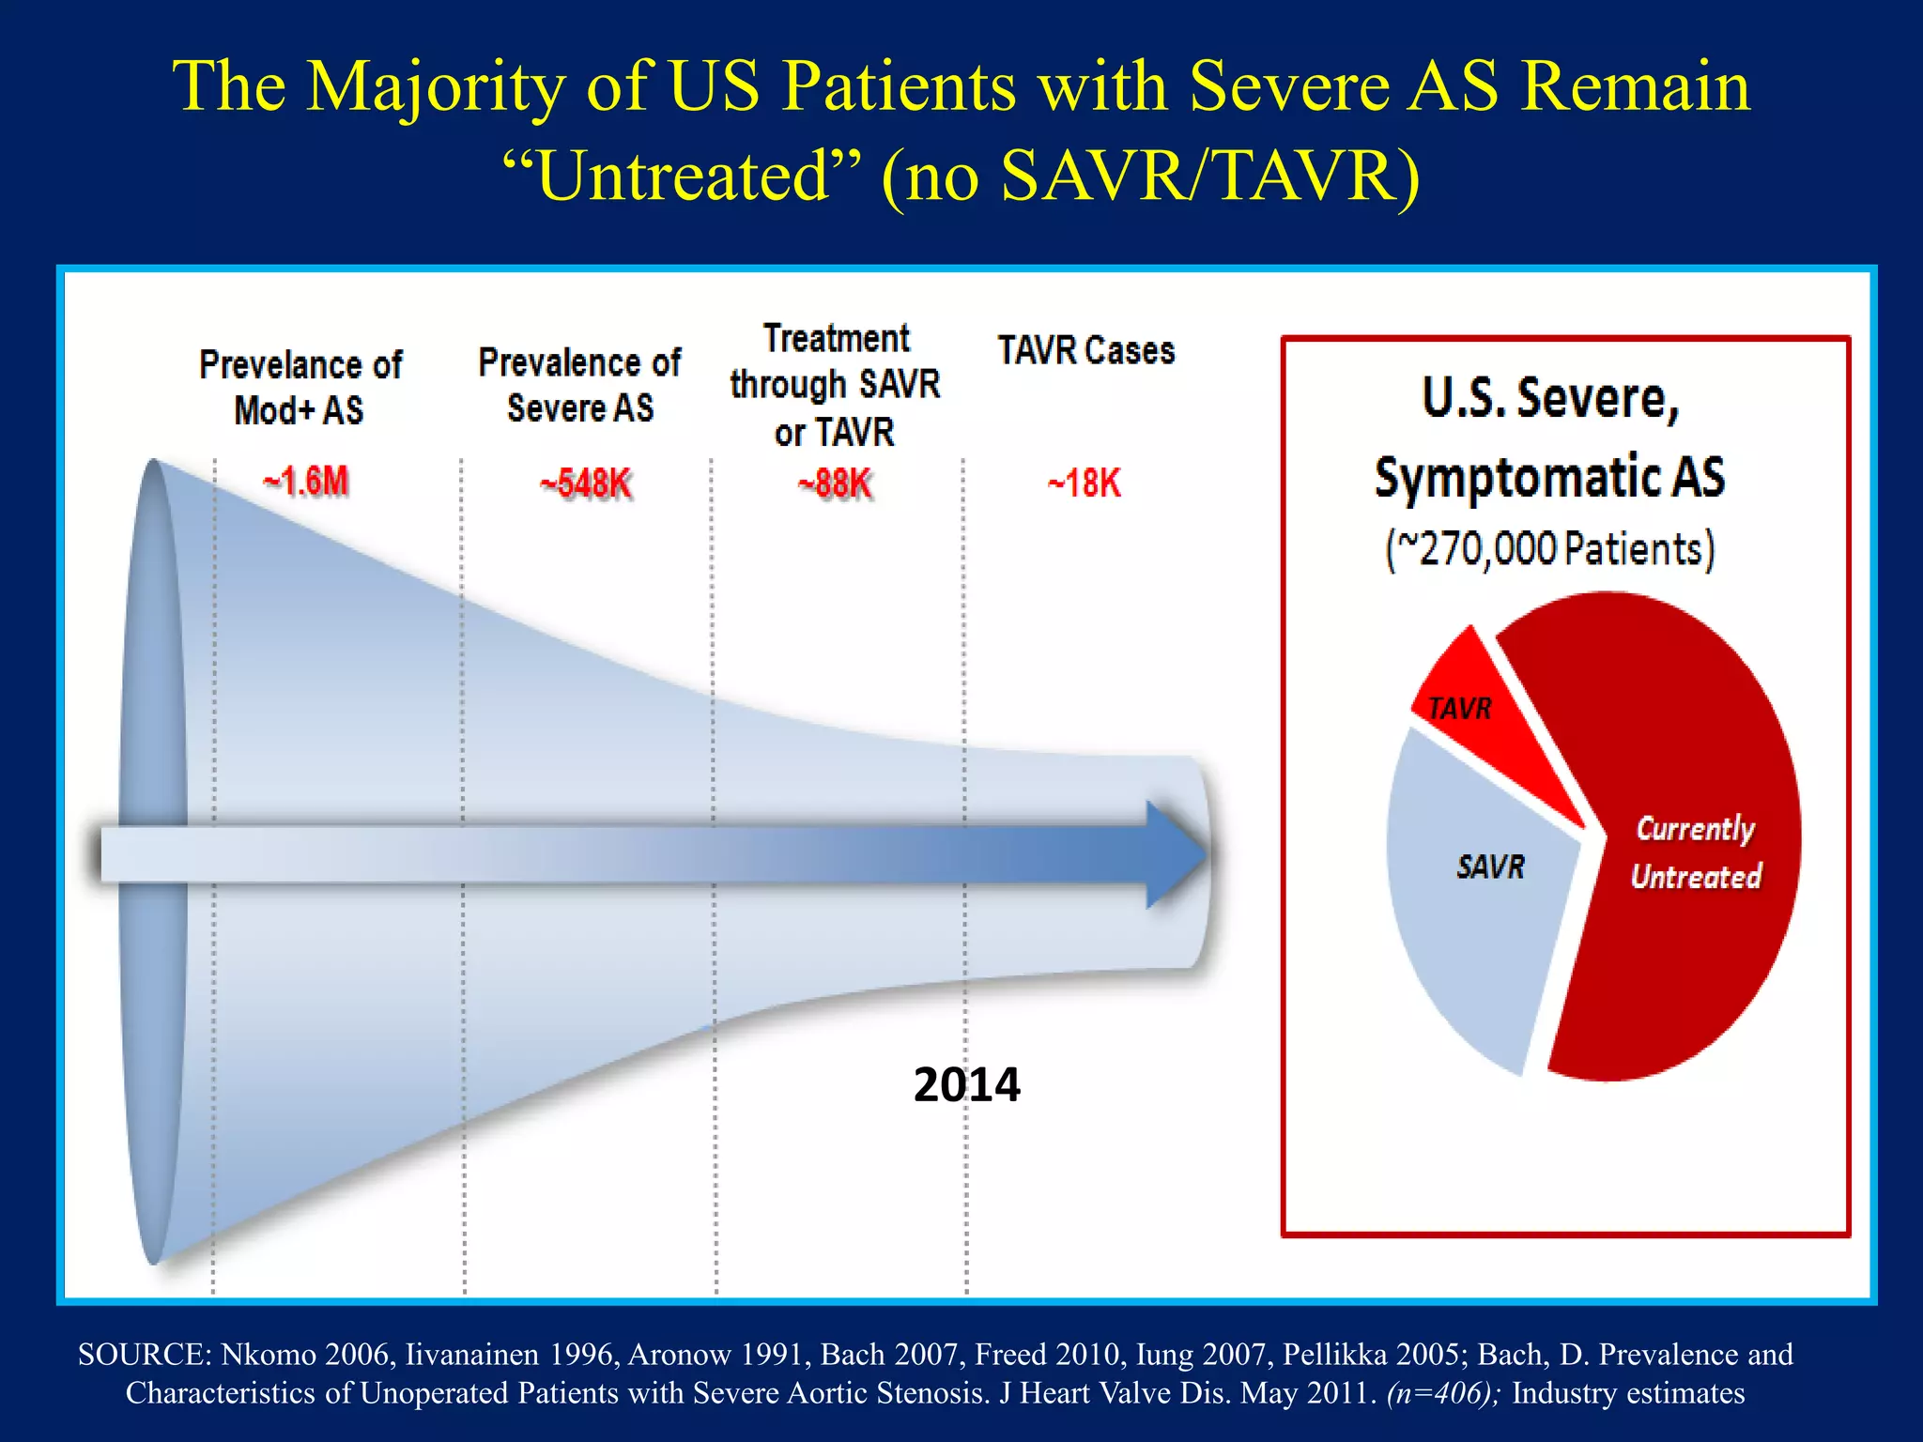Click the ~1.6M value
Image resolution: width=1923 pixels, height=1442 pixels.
point(306,482)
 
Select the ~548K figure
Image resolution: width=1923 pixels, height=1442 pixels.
point(586,484)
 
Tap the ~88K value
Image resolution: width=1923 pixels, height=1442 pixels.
point(836,484)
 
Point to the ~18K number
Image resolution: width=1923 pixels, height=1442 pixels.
point(1085,483)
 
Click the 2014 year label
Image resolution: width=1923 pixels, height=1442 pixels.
point(966,1085)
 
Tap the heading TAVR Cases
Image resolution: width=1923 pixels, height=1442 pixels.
point(1085,351)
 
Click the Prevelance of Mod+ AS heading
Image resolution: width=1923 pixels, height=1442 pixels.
point(300,387)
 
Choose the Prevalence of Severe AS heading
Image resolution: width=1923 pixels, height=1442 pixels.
point(579,385)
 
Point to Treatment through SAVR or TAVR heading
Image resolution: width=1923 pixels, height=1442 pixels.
point(836,385)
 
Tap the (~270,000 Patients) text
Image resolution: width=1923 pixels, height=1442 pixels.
point(1550,549)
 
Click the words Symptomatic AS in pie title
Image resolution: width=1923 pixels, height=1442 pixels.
point(1550,477)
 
